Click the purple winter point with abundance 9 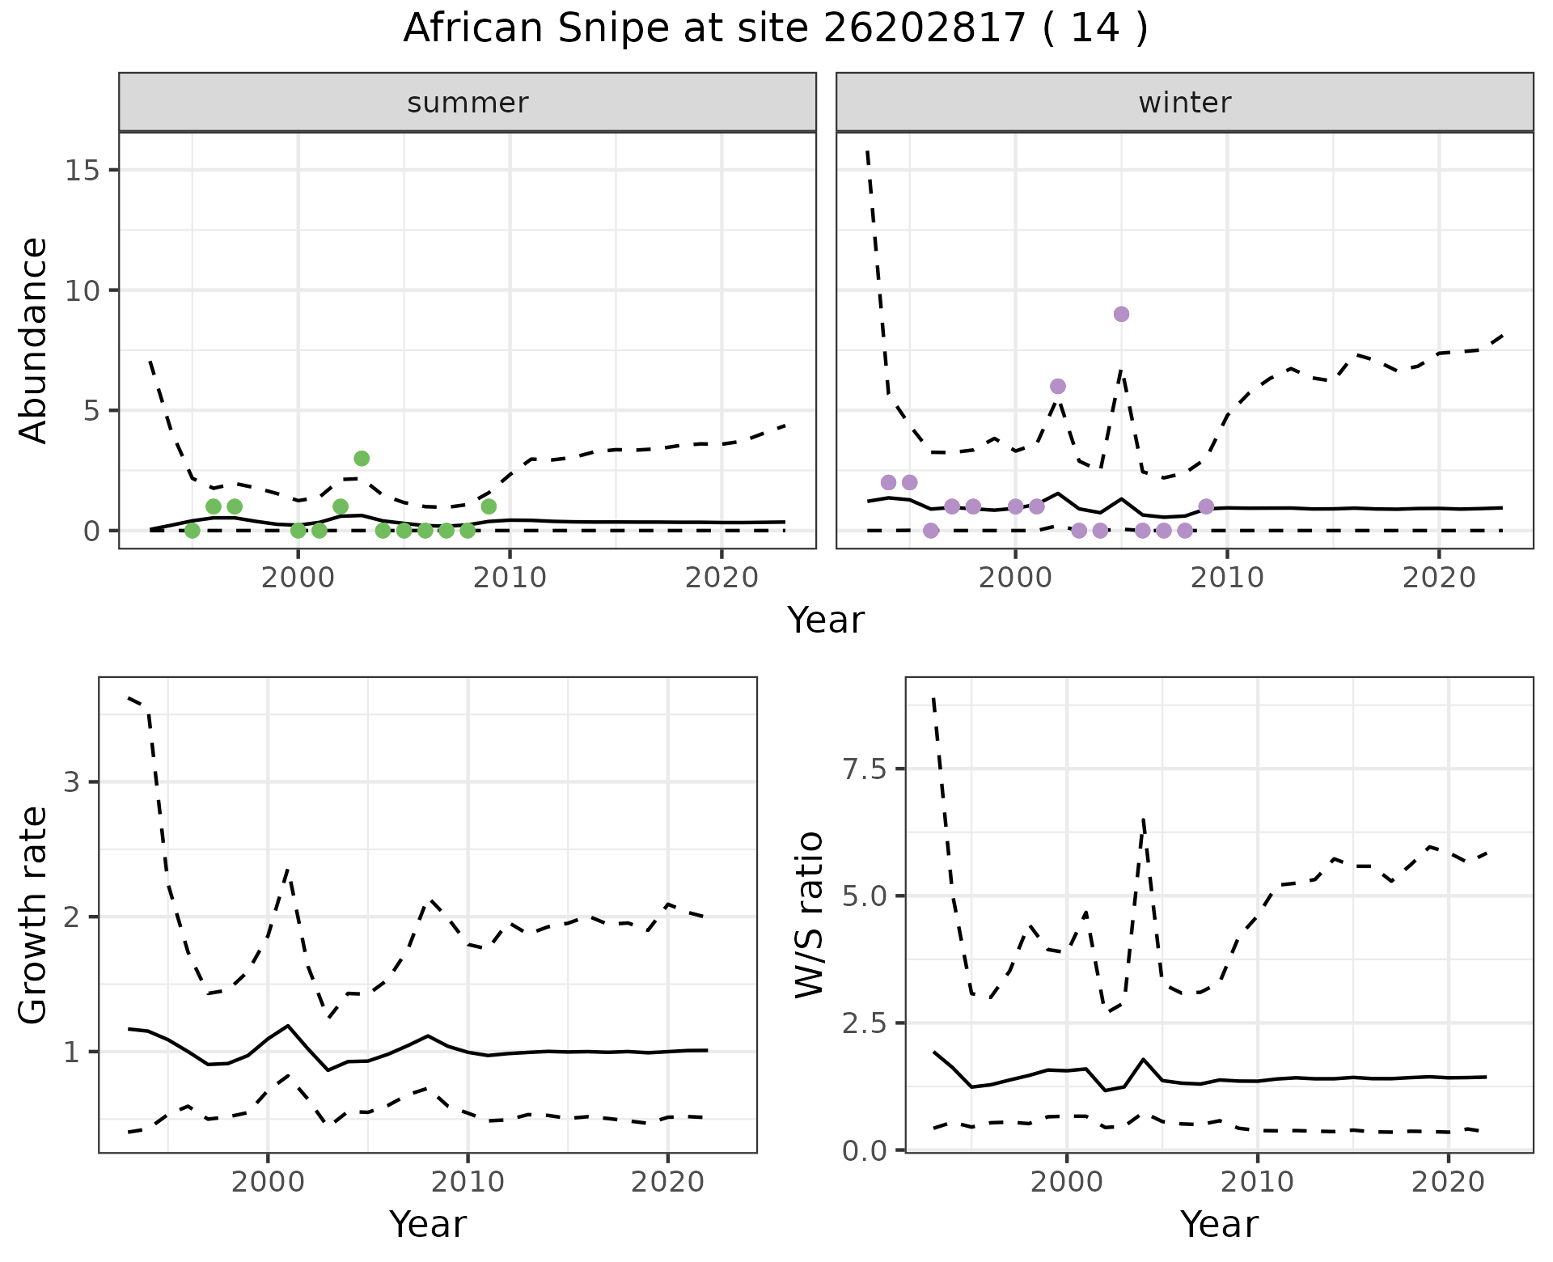pyautogui.click(x=1121, y=314)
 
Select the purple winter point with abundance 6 pyautogui.click(x=1057, y=386)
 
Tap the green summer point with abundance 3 pyautogui.click(x=362, y=458)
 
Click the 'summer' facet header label pyautogui.click(x=468, y=103)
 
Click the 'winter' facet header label pyautogui.click(x=1184, y=103)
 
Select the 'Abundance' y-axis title pyautogui.click(x=34, y=340)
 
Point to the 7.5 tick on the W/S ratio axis pyautogui.click(x=865, y=769)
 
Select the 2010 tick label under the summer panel pyautogui.click(x=510, y=578)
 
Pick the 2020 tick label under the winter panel pyautogui.click(x=1439, y=578)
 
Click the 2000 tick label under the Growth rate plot pyautogui.click(x=268, y=1181)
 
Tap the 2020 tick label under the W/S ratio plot pyautogui.click(x=1448, y=1181)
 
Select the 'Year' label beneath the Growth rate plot pyautogui.click(x=428, y=1224)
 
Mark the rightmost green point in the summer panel pyautogui.click(x=489, y=506)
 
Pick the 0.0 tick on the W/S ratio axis pyautogui.click(x=865, y=1150)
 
